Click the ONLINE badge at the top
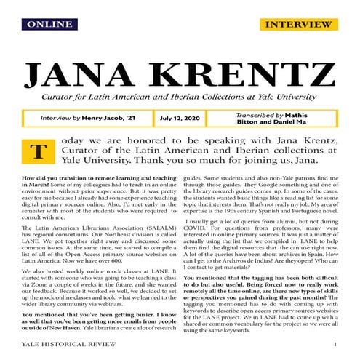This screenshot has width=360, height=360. (48, 24)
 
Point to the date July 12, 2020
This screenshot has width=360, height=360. (179, 117)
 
